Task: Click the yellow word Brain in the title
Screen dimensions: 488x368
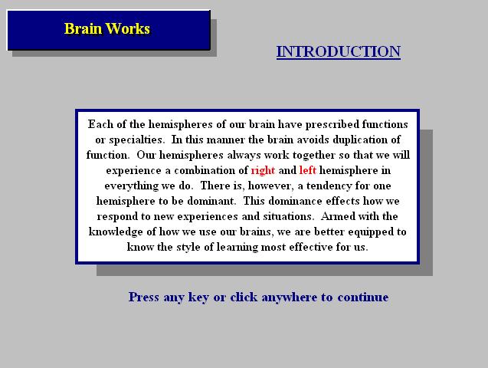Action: click(83, 28)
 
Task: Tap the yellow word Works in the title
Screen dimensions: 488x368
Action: click(128, 28)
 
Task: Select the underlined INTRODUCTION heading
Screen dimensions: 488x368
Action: click(339, 51)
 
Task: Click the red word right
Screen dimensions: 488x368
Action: click(263, 171)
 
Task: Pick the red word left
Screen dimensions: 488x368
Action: click(307, 170)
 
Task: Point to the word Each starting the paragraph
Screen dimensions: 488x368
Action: click(100, 124)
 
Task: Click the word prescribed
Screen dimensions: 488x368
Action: click(332, 124)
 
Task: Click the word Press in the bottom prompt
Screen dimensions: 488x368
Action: click(144, 297)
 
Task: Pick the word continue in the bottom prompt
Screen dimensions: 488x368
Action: click(363, 297)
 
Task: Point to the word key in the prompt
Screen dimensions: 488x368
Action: click(198, 297)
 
